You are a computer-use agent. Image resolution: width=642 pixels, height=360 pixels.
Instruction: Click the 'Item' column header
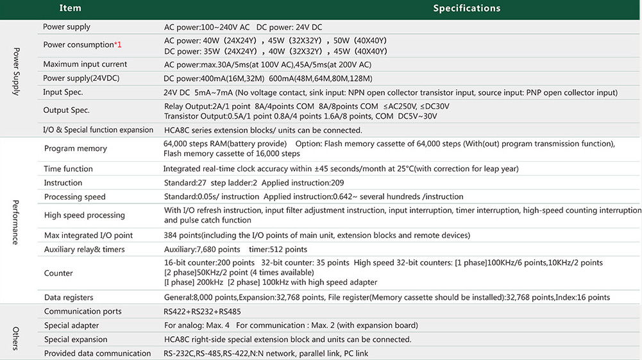coord(71,8)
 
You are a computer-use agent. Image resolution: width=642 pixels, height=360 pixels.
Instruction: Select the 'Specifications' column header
coord(466,8)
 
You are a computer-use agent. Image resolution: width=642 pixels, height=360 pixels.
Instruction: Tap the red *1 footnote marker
coord(118,45)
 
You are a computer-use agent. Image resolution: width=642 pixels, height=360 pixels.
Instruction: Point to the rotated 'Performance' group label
coord(16,222)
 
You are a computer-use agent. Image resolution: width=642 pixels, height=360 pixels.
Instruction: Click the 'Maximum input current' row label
coord(85,64)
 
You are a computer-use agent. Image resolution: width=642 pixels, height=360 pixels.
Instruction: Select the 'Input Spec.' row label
coord(63,92)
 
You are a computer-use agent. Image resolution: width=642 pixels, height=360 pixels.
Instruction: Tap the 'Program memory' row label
coord(75,149)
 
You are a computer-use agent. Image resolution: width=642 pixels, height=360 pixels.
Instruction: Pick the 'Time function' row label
coord(68,169)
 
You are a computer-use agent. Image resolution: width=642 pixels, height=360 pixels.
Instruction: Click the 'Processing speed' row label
coord(74,197)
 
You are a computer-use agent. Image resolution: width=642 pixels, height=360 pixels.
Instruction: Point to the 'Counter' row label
coord(58,273)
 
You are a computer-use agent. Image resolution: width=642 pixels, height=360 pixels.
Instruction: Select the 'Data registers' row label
coord(69,298)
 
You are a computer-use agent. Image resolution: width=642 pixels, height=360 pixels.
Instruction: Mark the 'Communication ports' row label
coord(82,312)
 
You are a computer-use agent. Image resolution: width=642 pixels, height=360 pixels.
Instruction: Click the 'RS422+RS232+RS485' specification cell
coord(201,312)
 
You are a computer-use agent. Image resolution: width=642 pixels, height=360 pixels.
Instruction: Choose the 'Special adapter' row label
coord(71,325)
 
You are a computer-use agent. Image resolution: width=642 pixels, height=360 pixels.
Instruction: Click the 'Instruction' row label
coord(63,183)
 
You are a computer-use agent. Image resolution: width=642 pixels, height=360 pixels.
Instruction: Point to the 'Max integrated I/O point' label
coord(89,236)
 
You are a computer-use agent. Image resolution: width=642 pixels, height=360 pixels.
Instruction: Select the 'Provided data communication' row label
coord(97,354)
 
